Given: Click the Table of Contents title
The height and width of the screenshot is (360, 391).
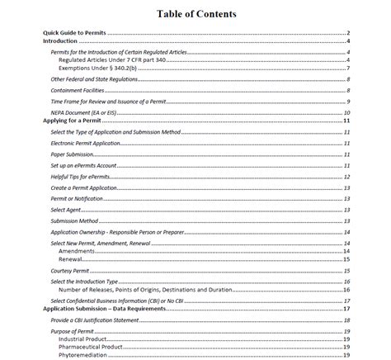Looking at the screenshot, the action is pyautogui.click(x=195, y=14).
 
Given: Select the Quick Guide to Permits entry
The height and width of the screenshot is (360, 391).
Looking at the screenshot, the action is pyautogui.click(x=74, y=33).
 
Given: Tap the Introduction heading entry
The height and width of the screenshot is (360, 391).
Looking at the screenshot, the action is pyautogui.click(x=59, y=40).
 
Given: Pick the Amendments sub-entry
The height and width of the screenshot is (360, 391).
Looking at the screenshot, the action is pyautogui.click(x=82, y=250).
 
